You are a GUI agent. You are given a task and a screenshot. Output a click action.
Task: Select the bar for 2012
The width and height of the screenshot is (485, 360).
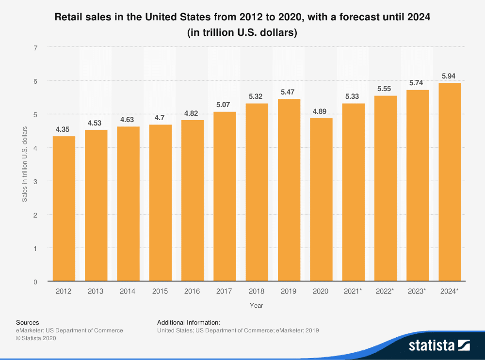point(64,208)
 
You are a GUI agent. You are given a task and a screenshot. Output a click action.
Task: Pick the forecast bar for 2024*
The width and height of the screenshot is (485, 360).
point(450,182)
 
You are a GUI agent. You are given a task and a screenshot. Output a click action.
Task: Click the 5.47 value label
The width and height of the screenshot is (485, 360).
point(289,92)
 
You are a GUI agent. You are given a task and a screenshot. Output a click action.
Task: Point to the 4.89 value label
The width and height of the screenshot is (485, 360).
point(321,111)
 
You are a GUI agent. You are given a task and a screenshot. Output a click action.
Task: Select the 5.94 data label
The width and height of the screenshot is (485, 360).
point(450,76)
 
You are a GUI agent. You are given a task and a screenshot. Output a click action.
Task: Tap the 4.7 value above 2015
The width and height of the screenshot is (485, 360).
point(161,118)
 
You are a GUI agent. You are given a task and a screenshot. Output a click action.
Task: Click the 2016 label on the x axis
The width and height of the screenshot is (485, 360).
point(193,291)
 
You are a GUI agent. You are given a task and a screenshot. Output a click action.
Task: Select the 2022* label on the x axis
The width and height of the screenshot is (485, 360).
point(385,291)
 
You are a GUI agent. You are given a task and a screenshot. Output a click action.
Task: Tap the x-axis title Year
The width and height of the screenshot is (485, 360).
point(257,306)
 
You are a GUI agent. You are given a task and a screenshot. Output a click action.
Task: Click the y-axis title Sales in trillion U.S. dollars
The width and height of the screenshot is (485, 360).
point(25,164)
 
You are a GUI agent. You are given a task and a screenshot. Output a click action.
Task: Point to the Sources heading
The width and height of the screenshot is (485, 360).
point(28,322)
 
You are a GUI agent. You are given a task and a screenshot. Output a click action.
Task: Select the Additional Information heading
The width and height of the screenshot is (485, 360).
point(189,322)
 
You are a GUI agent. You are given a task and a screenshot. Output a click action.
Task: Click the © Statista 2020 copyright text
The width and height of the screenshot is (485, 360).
point(36,339)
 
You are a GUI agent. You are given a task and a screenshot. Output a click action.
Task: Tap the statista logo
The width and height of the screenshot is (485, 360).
point(439,345)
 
